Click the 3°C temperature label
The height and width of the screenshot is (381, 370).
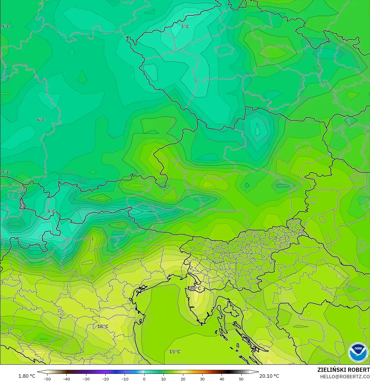185,26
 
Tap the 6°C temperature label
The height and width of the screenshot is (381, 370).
41,120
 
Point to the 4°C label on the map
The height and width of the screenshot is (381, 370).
51,211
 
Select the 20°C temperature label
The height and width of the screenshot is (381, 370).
195,288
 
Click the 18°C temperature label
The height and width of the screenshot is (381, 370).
103,327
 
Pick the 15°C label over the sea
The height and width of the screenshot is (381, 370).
174,352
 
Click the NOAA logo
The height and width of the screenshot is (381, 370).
358,352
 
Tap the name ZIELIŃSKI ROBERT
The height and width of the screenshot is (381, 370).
343,370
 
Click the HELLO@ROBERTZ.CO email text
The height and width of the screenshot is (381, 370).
344,377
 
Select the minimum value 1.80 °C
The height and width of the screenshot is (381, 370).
27,376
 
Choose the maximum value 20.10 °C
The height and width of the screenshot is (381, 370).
269,376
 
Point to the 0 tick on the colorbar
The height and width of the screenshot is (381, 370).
144,379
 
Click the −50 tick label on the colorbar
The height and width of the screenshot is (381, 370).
47,379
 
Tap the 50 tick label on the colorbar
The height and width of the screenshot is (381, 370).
241,379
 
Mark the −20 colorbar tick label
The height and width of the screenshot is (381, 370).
105,379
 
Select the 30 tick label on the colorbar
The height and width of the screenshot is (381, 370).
202,379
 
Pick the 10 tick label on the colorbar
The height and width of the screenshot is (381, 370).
163,379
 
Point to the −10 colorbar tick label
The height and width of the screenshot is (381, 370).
125,379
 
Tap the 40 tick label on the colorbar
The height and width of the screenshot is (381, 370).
222,379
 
